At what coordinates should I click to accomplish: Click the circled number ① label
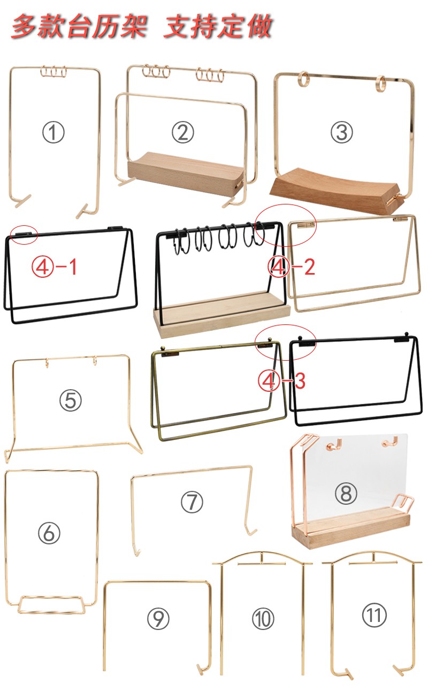[x=53, y=132]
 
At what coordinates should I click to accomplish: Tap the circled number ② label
[x=183, y=132]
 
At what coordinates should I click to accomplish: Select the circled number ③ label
[x=342, y=132]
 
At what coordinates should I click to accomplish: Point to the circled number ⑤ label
[x=71, y=400]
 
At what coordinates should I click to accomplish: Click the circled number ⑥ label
[x=49, y=533]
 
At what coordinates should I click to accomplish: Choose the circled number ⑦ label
[x=192, y=502]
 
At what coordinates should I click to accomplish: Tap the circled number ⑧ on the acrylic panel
[x=346, y=493]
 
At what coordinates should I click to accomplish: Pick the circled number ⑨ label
[x=158, y=619]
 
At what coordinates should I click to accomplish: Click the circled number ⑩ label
[x=263, y=619]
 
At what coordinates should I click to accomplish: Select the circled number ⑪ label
[x=374, y=615]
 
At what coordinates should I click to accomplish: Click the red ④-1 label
[x=54, y=267]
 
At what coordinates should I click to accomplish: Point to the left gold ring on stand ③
[x=303, y=79]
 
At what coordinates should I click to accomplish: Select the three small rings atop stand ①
[x=53, y=72]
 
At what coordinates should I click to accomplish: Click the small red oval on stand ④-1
[x=24, y=234]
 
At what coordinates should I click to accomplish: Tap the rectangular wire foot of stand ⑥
[x=51, y=605]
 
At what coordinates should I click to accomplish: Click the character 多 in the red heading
[x=24, y=26]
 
